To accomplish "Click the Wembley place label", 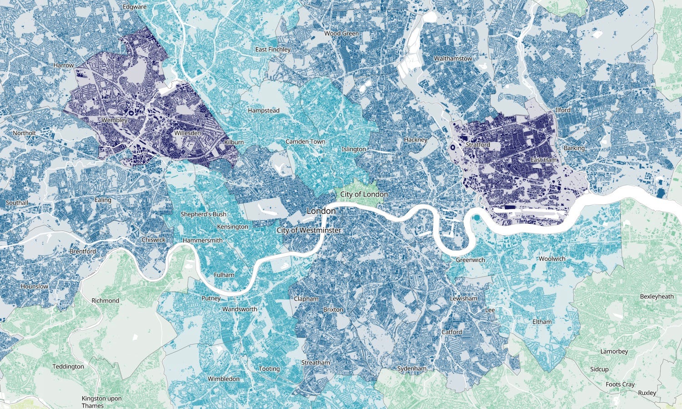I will (115, 120).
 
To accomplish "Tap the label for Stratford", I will (477, 145).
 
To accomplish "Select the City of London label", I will (364, 194).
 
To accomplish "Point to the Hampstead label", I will (263, 111).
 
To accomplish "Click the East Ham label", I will (544, 160).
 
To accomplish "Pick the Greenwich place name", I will (470, 260).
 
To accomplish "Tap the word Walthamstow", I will (453, 59).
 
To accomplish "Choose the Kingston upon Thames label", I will (101, 402).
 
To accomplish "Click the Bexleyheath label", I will (657, 296).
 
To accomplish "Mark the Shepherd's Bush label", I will (203, 214).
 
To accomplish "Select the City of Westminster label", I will (309, 230).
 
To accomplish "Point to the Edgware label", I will (135, 7).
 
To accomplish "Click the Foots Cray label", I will (620, 384).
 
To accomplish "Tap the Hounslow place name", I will (34, 286).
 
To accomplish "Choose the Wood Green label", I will (341, 33).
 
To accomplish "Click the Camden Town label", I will (305, 141).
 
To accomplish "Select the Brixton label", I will (333, 309).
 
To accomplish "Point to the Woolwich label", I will (552, 258).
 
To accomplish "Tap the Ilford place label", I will (562, 110).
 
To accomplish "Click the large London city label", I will (321, 211).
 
